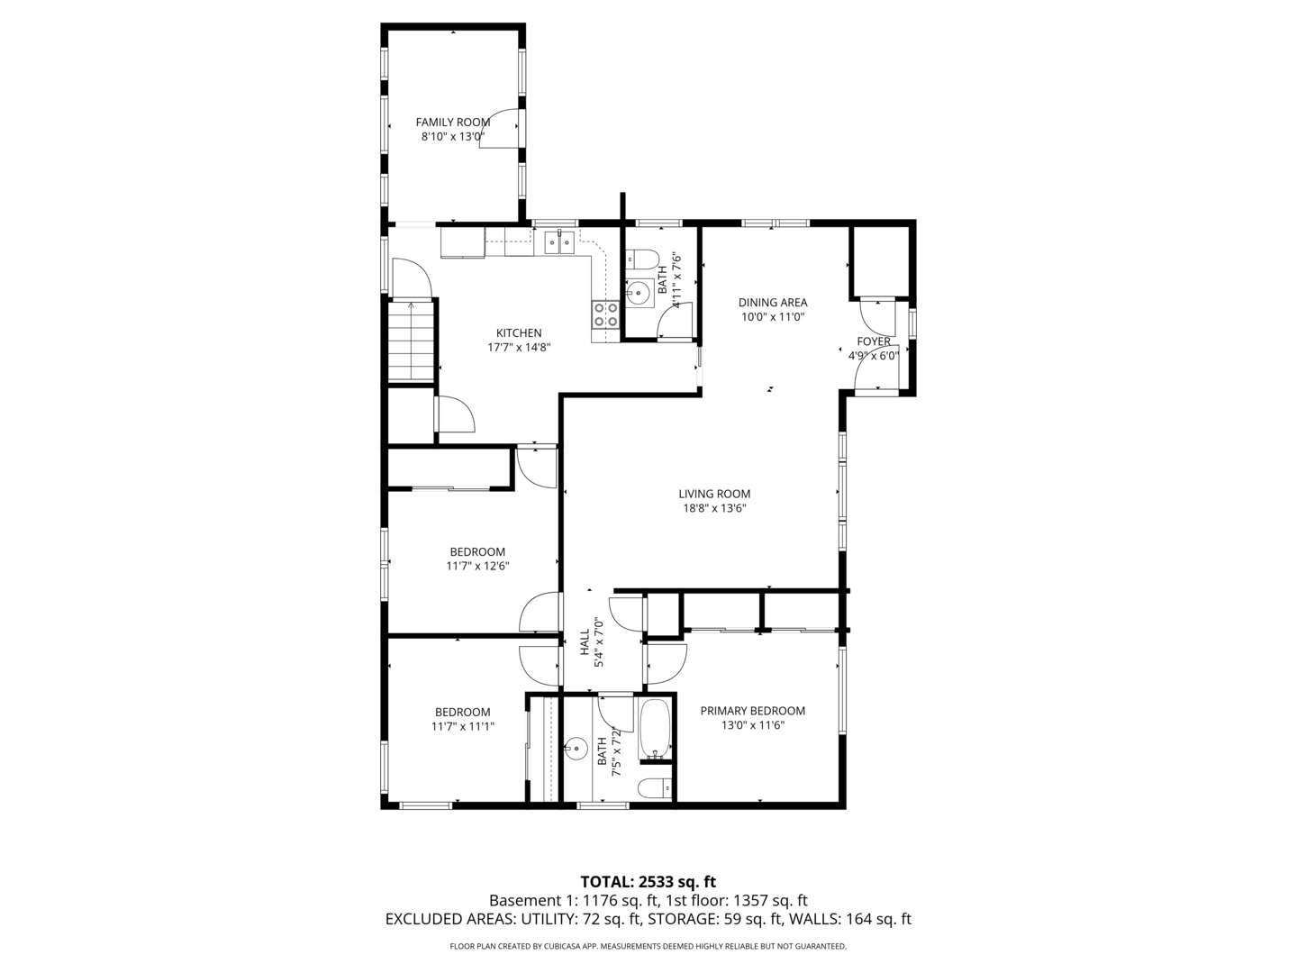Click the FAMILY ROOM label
(x=452, y=123)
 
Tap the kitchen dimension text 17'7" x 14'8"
(x=519, y=347)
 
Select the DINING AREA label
(x=772, y=303)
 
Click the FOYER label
(x=873, y=341)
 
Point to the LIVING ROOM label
(x=713, y=494)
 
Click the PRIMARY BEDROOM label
(x=752, y=711)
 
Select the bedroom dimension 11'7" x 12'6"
(x=477, y=567)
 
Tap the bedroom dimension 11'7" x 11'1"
(x=462, y=726)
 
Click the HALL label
(x=584, y=641)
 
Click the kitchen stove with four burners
(x=605, y=314)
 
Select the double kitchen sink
(x=559, y=242)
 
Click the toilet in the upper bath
(x=642, y=260)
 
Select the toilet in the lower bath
(x=655, y=788)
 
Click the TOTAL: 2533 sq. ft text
(x=648, y=881)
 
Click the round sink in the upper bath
(x=639, y=292)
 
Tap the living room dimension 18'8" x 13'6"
(x=713, y=509)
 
